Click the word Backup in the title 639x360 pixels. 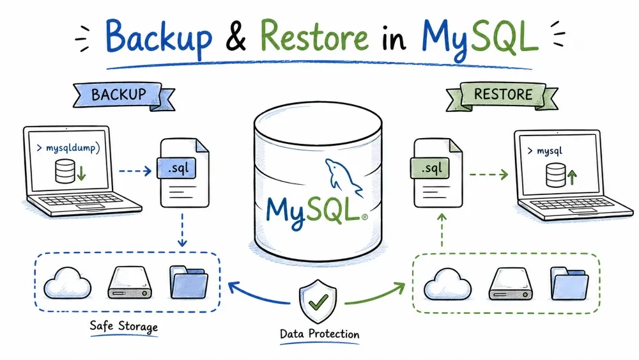pyautogui.click(x=158, y=38)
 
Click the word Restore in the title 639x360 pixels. pyautogui.click(x=314, y=35)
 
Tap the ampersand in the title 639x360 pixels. pyautogui.click(x=236, y=36)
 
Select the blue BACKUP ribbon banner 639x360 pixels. pyautogui.click(x=124, y=96)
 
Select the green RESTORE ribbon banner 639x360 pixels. pyautogui.click(x=502, y=96)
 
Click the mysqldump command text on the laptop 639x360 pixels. pyautogui.click(x=68, y=148)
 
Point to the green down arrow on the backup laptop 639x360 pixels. pyautogui.click(x=82, y=173)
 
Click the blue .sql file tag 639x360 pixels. pyautogui.click(x=176, y=168)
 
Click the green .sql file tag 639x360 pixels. pyautogui.click(x=430, y=168)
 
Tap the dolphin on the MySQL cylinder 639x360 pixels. pyautogui.click(x=343, y=177)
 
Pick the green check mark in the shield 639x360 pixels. pyautogui.click(x=318, y=302)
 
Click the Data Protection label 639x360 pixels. pyautogui.click(x=319, y=334)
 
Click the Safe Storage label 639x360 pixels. pyautogui.click(x=123, y=326)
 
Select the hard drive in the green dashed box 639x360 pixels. pyautogui.click(x=510, y=284)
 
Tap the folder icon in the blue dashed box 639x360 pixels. pyautogui.click(x=189, y=282)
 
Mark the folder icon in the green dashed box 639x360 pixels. pyautogui.click(x=569, y=283)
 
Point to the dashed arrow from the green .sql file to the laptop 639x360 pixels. pyautogui.click(x=489, y=175)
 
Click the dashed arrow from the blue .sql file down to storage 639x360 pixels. pyautogui.click(x=182, y=230)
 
